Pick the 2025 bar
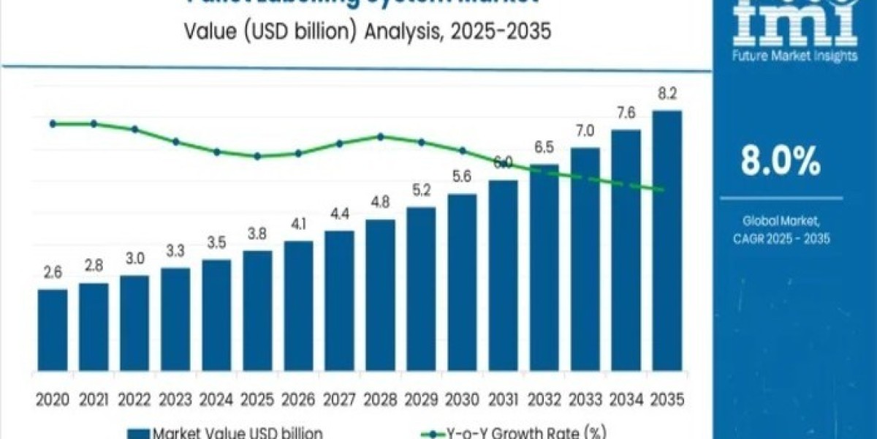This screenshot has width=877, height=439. point(257,315)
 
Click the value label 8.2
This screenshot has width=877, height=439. point(667,94)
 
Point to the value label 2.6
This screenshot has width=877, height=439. point(53,273)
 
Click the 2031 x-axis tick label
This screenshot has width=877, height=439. point(503,399)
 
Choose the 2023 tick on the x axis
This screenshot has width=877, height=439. point(175,399)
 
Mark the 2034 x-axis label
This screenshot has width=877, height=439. point(626,399)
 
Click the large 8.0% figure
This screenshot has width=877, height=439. point(780,162)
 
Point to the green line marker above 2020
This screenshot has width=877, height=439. point(53,124)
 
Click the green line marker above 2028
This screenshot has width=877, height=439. point(380,136)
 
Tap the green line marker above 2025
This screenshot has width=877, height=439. point(257,156)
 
